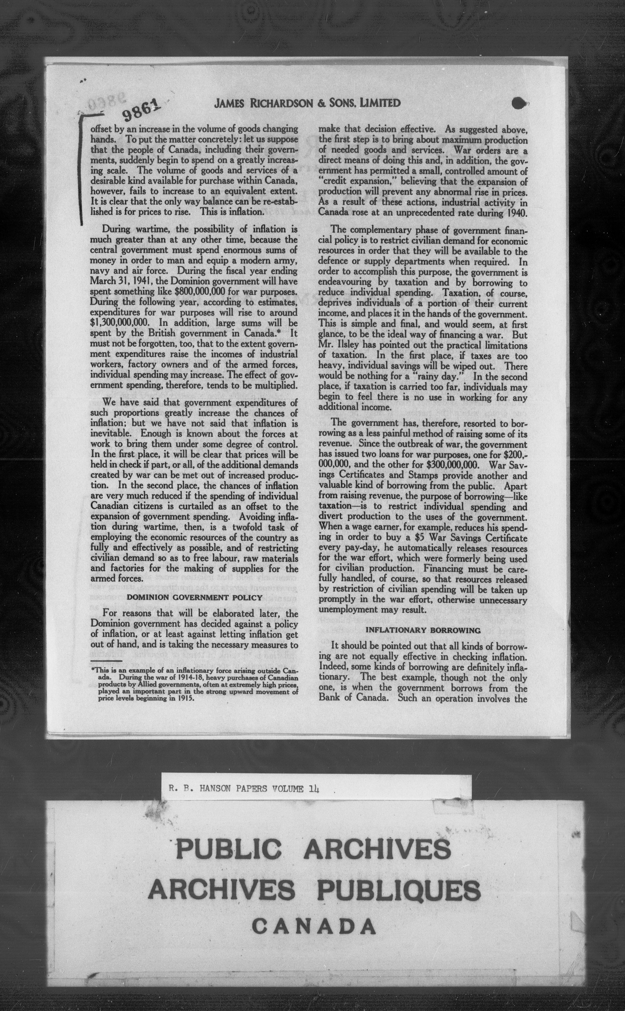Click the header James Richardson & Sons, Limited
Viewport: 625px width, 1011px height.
click(x=307, y=103)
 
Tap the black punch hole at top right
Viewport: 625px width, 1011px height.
click(x=520, y=103)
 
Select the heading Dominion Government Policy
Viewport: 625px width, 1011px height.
click(x=194, y=597)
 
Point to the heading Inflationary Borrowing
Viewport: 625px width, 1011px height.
click(x=423, y=630)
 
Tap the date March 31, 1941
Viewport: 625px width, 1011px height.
click(x=117, y=281)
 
